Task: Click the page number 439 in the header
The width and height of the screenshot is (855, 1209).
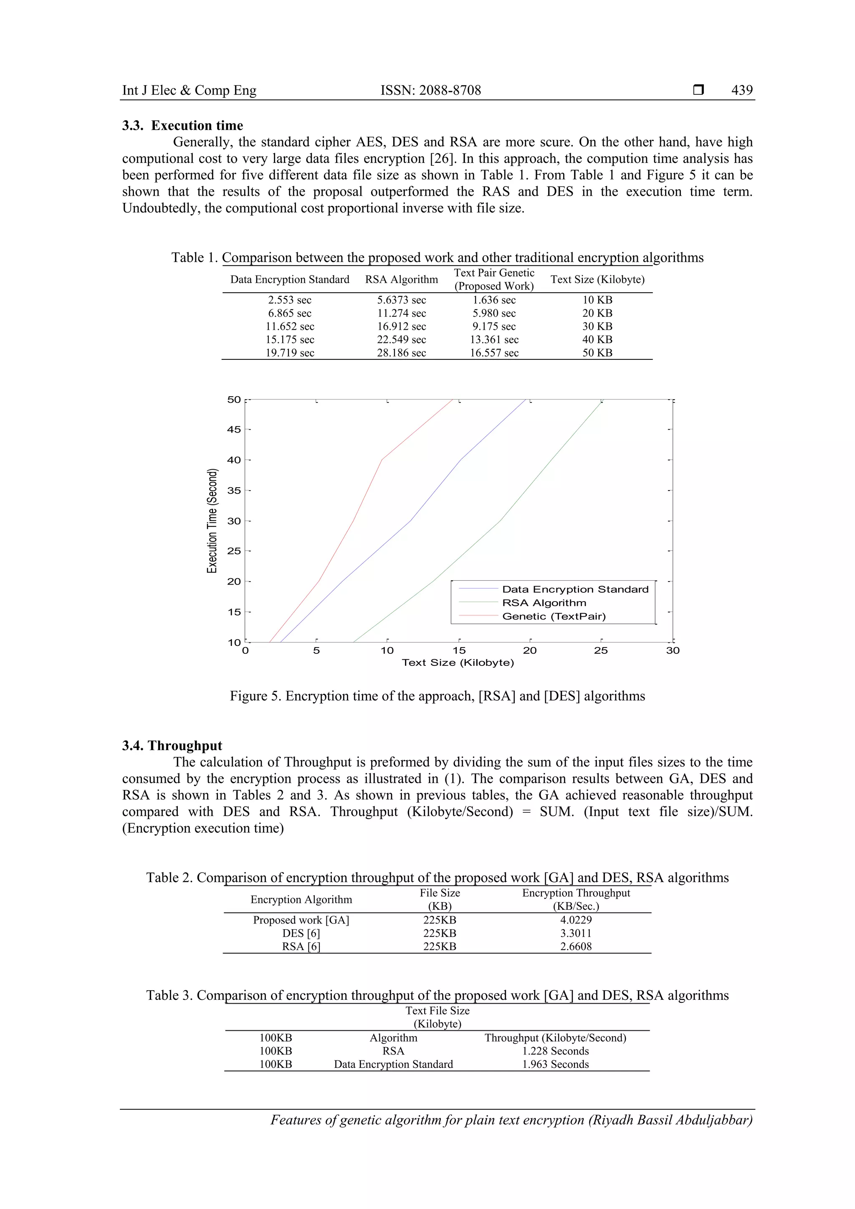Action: pos(741,90)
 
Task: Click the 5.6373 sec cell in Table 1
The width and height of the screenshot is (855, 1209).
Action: pos(401,300)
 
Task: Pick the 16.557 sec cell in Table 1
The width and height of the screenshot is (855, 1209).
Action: pos(494,353)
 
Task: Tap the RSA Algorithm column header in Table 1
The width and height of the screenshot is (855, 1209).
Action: pos(401,280)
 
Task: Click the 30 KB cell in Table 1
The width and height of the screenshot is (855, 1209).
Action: pos(597,326)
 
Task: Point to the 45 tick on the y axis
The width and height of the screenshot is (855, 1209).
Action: pos(234,430)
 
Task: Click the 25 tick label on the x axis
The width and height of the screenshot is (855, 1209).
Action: pos(601,651)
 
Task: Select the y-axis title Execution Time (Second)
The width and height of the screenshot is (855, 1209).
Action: pos(212,520)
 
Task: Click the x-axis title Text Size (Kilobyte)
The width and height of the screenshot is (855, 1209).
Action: pos(458,663)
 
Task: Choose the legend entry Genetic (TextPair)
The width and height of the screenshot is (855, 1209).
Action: pos(553,617)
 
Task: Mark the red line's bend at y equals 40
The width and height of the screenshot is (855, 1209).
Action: pos(382,460)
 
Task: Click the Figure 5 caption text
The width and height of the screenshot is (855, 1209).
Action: pos(437,696)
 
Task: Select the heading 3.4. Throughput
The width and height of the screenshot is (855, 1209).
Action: pos(172,746)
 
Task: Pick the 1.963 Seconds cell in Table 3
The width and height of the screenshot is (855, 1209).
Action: pos(555,1064)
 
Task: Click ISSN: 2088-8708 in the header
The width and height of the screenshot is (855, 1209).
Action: pos(431,90)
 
